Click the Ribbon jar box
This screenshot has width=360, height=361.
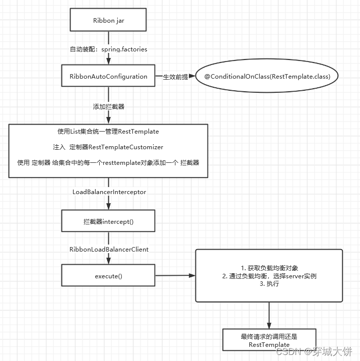coord(108,20)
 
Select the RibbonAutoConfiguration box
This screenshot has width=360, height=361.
coord(108,77)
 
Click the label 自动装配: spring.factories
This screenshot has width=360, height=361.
coord(108,49)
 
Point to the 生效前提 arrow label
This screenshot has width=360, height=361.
coord(175,77)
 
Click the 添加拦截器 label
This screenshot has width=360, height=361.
coord(108,107)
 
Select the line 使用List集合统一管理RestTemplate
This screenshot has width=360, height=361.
coord(108,132)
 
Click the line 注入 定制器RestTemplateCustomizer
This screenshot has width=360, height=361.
coord(108,147)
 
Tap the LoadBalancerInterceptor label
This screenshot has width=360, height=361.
coord(109,192)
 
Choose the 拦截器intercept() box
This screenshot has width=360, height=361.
coord(108,221)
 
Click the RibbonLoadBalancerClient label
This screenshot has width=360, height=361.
coord(109,249)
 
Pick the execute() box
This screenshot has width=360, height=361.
coord(108,276)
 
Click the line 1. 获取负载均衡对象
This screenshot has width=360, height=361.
coord(269,268)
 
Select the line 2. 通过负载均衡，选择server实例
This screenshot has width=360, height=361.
coord(269,276)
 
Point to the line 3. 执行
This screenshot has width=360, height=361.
coord(269,284)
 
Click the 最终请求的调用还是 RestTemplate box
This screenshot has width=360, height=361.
coord(269,340)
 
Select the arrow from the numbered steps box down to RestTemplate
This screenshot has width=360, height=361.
coord(269,315)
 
